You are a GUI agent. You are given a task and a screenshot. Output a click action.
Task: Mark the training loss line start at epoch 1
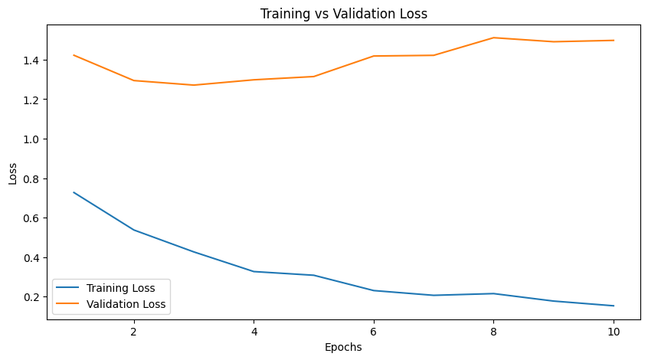(x=74, y=192)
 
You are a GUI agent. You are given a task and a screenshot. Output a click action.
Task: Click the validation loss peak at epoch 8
(x=494, y=38)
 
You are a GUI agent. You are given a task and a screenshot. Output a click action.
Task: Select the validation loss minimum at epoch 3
(x=194, y=85)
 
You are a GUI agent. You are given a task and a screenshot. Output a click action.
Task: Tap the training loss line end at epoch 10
(x=614, y=306)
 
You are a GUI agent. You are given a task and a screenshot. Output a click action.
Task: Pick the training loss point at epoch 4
(x=254, y=271)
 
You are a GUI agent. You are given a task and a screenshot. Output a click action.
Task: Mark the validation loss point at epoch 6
(x=374, y=56)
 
